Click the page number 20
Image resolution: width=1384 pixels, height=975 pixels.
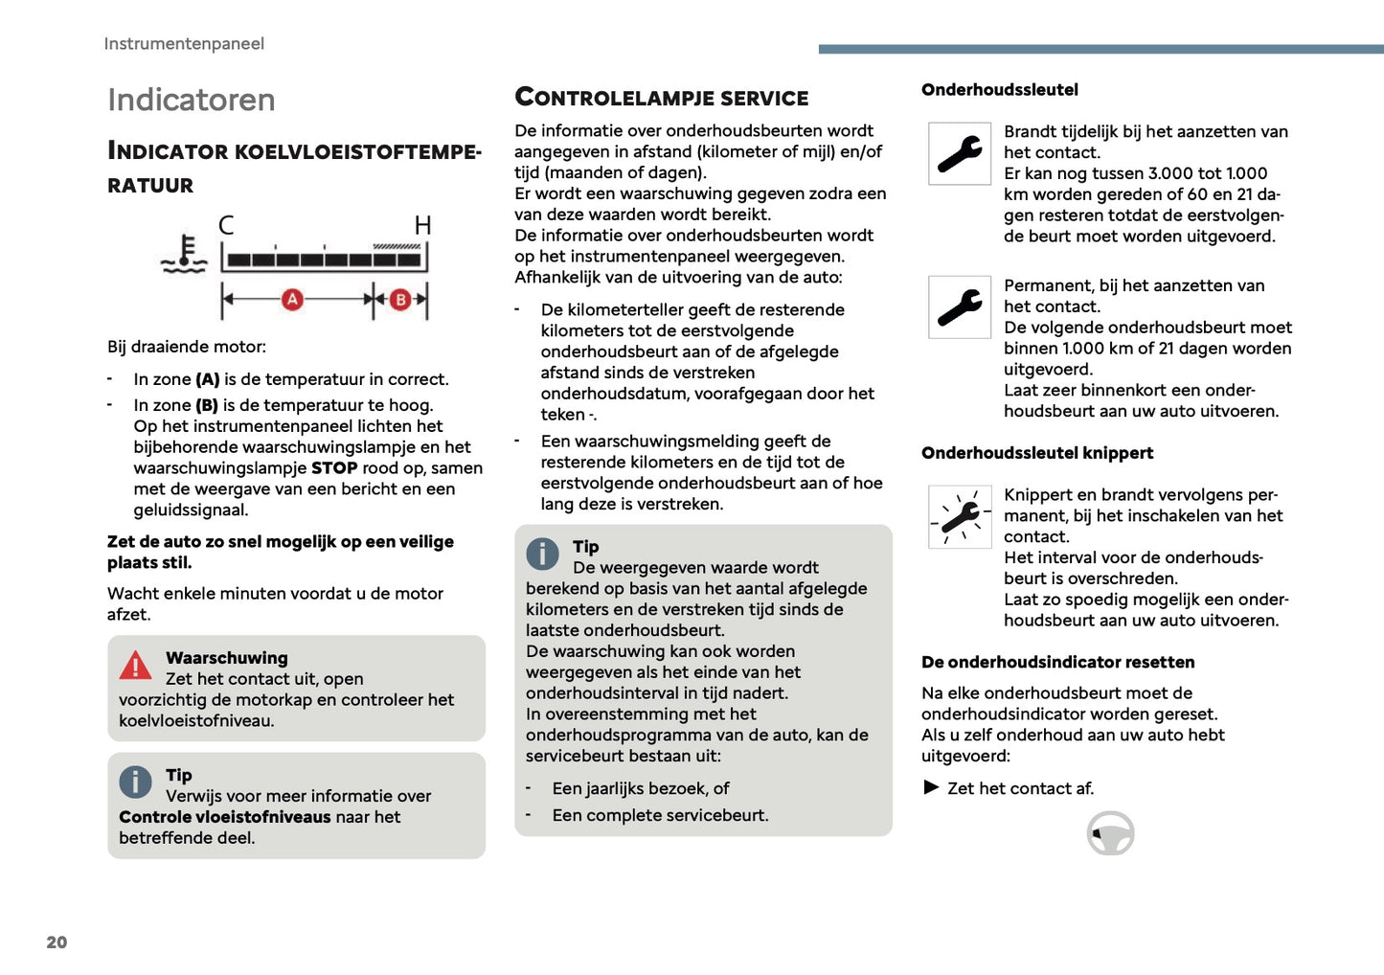(x=57, y=942)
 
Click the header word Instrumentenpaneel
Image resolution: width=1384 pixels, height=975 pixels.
(x=184, y=44)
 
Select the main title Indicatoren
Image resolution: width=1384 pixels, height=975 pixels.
(x=192, y=100)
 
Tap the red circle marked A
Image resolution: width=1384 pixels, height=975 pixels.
(x=292, y=300)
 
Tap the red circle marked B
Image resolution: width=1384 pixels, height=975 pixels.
(x=400, y=300)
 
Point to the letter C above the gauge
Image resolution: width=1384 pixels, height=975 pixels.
(x=226, y=225)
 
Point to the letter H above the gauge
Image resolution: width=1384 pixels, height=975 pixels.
(x=422, y=225)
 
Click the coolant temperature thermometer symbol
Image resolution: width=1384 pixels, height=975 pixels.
(x=185, y=255)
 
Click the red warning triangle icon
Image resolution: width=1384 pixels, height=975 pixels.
(x=135, y=665)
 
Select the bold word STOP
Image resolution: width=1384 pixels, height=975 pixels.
(x=334, y=468)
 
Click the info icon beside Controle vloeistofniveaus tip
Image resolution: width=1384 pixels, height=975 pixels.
(x=135, y=782)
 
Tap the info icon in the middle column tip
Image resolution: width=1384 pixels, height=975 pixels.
(x=542, y=554)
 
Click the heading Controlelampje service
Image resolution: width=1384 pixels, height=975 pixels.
(x=662, y=98)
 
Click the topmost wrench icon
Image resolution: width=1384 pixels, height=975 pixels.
(x=960, y=153)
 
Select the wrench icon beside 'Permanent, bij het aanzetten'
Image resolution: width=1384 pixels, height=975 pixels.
(x=960, y=307)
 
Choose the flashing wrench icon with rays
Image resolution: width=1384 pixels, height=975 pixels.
(x=960, y=517)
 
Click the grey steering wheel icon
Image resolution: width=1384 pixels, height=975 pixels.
(x=1110, y=833)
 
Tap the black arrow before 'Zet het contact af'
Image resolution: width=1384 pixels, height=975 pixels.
(x=931, y=787)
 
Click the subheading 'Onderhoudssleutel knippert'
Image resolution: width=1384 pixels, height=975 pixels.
(x=1037, y=453)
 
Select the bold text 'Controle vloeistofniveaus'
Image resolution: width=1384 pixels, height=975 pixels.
(x=224, y=817)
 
